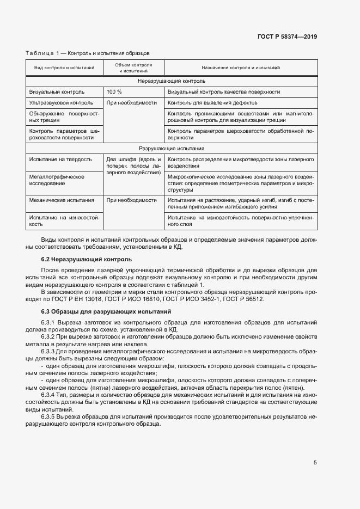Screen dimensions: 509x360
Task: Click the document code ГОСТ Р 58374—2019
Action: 287,37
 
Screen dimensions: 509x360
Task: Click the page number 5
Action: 315,462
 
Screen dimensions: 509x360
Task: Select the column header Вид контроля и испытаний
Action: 64,68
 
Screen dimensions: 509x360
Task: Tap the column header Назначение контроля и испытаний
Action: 240,68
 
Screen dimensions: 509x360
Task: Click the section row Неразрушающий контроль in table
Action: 172,81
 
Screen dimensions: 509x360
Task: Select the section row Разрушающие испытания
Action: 172,148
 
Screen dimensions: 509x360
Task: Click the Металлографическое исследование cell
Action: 56,180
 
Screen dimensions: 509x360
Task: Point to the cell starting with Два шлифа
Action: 133,165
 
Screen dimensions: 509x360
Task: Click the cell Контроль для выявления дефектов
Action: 212,102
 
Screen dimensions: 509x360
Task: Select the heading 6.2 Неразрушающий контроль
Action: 86,259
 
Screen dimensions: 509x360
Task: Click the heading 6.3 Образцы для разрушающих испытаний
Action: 106,311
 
